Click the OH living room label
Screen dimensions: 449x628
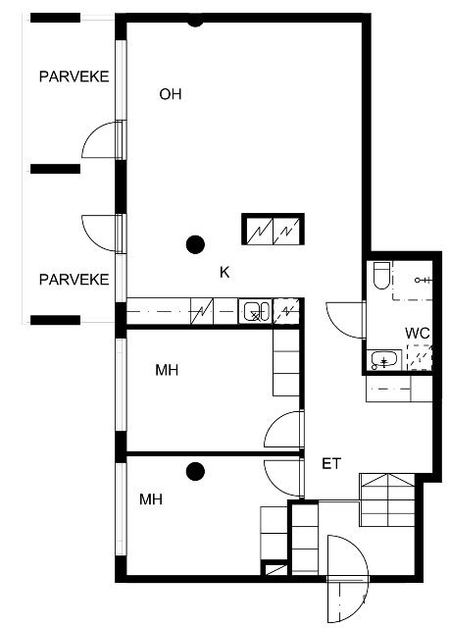tap(171, 94)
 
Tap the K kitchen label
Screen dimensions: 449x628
tap(224, 273)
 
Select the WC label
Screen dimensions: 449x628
tap(418, 334)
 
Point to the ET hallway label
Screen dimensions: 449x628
tap(331, 464)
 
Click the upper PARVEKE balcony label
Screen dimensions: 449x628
tap(75, 77)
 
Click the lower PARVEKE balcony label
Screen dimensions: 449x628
tap(75, 280)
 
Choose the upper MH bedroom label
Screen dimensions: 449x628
tap(167, 370)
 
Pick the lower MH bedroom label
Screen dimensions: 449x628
tap(151, 499)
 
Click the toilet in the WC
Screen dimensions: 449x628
tap(381, 276)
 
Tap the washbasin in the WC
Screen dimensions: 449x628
tap(383, 360)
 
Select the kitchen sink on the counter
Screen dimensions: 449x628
tap(255, 312)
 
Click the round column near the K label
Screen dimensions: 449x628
tap(196, 244)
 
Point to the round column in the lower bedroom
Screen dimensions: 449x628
tap(196, 471)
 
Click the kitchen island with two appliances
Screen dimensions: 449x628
tap(273, 229)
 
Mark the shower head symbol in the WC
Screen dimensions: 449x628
tap(423, 281)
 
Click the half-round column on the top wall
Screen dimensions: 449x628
tap(195, 23)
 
